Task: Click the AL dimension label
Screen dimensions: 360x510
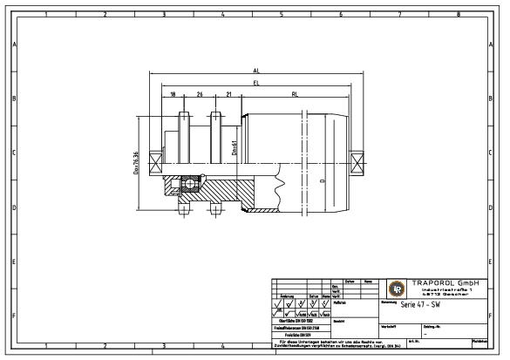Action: [255, 70]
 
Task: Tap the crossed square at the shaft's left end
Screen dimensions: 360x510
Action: [154, 160]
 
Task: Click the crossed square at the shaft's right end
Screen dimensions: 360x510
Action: [356, 160]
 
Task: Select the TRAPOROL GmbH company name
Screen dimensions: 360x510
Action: [446, 282]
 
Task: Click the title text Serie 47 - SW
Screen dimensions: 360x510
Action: [419, 305]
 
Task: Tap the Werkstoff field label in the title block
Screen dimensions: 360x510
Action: [390, 325]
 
